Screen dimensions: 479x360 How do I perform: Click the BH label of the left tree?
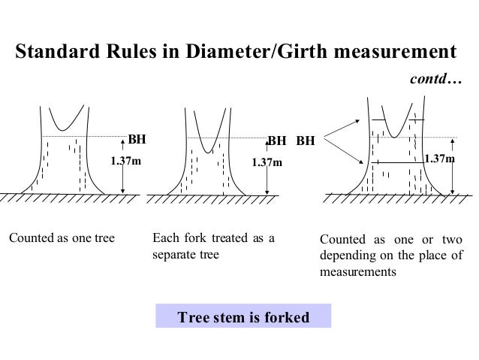(x=136, y=140)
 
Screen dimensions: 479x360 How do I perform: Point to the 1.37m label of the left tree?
(x=125, y=161)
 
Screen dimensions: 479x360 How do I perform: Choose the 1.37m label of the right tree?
(x=438, y=159)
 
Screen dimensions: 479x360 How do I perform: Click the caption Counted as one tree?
(x=62, y=240)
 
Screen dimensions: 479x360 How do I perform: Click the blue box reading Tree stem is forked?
(x=243, y=317)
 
